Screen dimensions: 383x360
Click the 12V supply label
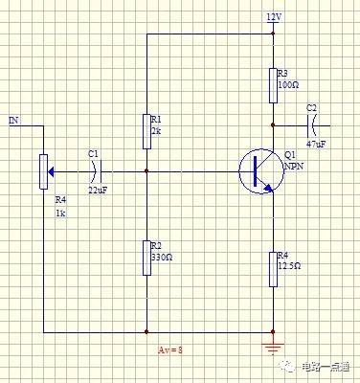tap(275, 18)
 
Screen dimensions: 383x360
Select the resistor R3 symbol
tap(274, 84)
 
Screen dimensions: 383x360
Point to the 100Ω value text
tap(288, 85)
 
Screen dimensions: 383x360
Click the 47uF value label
tap(315, 143)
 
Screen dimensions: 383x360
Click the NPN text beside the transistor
tap(293, 166)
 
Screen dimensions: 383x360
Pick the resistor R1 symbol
tap(146, 131)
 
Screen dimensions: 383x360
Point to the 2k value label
tap(155, 131)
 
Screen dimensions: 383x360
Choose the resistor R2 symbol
tap(146, 257)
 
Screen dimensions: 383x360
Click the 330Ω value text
tap(161, 258)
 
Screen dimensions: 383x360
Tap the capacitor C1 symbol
tap(93, 171)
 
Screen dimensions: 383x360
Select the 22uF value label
tap(98, 191)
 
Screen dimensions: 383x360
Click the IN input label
tap(13, 121)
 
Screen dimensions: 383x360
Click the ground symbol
tap(274, 343)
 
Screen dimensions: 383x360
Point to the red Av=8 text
tap(169, 350)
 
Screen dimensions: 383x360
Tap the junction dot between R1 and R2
tap(146, 171)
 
